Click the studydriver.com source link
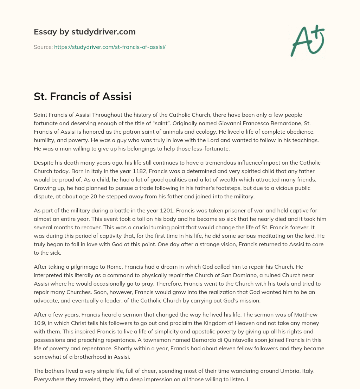tap(110, 47)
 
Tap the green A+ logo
tap(307, 41)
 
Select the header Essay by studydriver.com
tap(85, 32)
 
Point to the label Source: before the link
tap(43, 47)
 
